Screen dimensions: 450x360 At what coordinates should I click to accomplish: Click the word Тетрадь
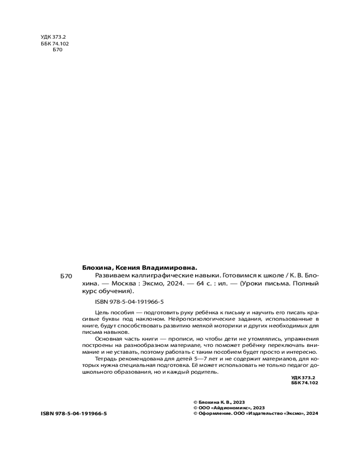107,359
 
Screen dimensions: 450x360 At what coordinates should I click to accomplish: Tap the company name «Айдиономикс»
230,408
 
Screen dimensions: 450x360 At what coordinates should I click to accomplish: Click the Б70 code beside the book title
66,276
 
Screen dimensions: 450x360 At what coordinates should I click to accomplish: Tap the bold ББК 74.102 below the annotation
305,383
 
